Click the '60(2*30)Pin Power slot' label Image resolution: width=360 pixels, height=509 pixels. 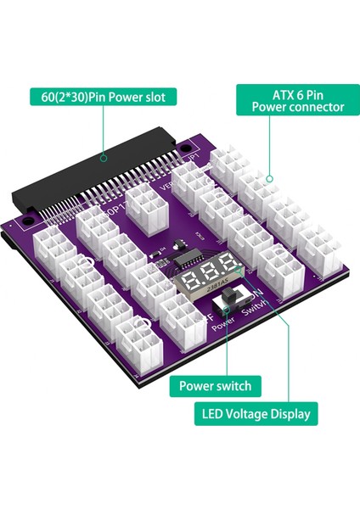pos(104,97)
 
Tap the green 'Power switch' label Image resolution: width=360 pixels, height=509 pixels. pos(215,386)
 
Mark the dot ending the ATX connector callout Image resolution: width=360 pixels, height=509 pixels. pos(270,179)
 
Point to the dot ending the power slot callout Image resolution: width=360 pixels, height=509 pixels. pos(104,157)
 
